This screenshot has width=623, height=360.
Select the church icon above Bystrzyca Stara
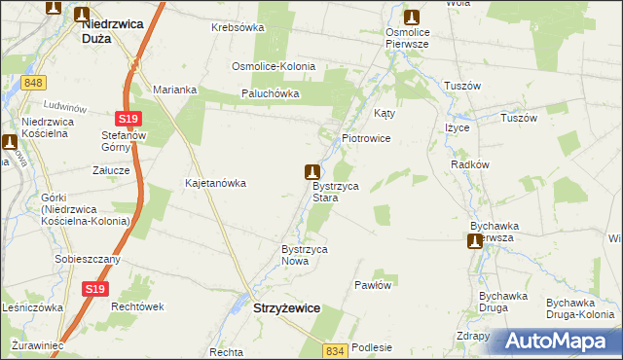point(312,171)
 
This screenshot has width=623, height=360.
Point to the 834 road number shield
point(336,349)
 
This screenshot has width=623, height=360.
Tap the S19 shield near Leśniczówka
point(93,289)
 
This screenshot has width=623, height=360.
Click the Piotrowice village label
point(366,139)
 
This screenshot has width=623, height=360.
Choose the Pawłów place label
point(373,286)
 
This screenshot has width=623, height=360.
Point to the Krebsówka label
point(238,27)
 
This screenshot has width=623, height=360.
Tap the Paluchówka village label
point(271,94)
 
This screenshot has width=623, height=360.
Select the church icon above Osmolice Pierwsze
point(412,17)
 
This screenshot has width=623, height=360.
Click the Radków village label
point(470,164)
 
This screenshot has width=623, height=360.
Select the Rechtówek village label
point(135,306)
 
